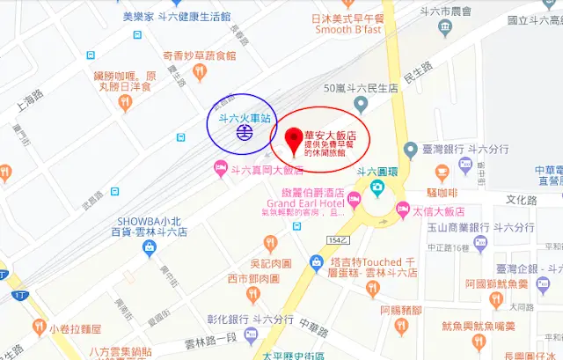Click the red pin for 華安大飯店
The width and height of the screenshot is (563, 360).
pos(293,136)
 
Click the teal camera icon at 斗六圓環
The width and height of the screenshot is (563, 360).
pos(377,187)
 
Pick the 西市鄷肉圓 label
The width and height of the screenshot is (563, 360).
pos(252,279)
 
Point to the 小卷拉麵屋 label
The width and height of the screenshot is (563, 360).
pos(76,328)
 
